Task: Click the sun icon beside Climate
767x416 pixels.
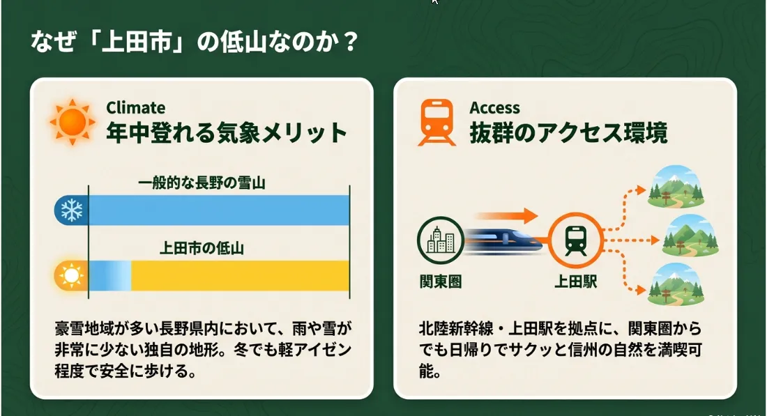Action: (72, 122)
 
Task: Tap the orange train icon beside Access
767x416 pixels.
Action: (436, 122)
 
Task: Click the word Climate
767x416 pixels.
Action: (135, 107)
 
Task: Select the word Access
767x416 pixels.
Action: (494, 107)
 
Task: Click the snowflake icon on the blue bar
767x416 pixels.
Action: (72, 210)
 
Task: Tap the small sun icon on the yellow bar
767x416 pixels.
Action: (71, 276)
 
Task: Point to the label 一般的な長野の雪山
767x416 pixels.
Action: (202, 183)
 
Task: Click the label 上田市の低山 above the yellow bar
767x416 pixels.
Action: (202, 248)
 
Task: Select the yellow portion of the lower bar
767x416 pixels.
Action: (240, 276)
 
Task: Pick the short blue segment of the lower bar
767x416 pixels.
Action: (109, 276)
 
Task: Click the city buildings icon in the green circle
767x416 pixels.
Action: (440, 240)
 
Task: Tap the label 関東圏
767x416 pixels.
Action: (440, 282)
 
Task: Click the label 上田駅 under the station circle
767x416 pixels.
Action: (575, 282)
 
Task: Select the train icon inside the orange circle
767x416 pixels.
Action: (576, 240)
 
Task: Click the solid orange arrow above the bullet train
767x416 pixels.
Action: (507, 215)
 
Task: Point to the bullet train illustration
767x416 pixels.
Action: (504, 240)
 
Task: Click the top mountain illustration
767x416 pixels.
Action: (676, 187)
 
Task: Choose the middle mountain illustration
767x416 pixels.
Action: (690, 236)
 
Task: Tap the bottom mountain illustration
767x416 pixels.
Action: (676, 284)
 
